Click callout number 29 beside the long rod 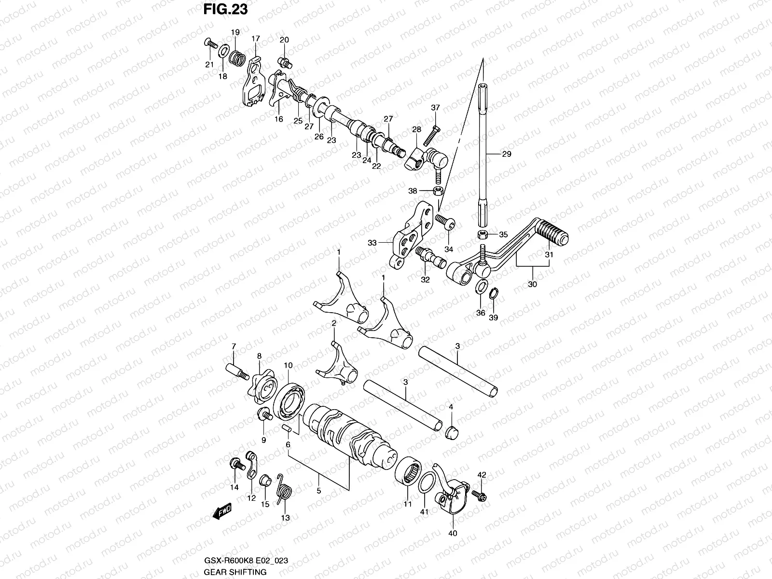tap(506, 154)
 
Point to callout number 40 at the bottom tap(453, 533)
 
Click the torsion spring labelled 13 tap(284, 488)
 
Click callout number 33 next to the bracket tap(372, 243)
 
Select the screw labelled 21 tap(210, 44)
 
